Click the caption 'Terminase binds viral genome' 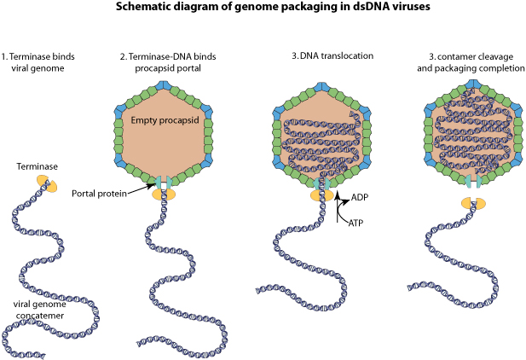(x=38, y=63)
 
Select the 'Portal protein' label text (x=99, y=194)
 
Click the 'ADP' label (x=360, y=197)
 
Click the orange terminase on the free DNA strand (x=46, y=183)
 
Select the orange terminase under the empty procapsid (x=163, y=195)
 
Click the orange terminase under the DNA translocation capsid (x=321, y=195)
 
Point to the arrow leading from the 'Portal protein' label (x=143, y=188)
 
